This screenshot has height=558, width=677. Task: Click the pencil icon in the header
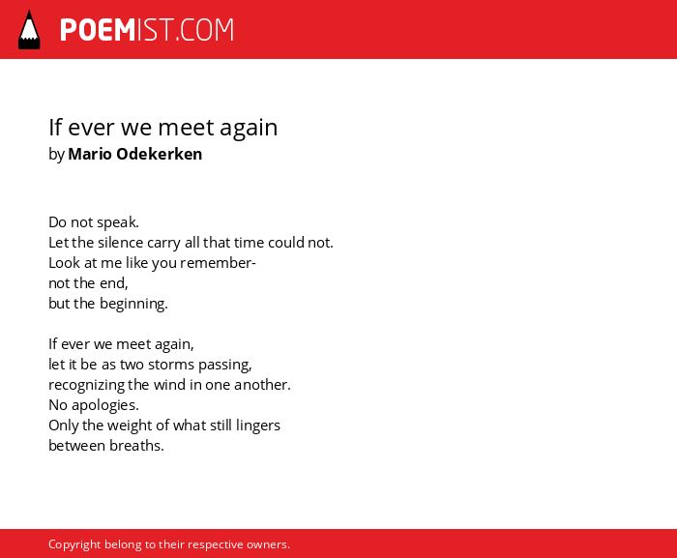point(29,30)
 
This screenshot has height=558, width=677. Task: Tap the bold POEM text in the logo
point(98,30)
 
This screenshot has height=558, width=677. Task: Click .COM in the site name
point(205,30)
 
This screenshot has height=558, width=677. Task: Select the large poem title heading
point(162,128)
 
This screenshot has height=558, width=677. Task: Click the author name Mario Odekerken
point(134,154)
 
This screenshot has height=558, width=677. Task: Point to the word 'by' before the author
point(56,155)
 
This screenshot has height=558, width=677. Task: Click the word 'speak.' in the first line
point(118,222)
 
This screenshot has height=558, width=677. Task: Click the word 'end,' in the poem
point(114,283)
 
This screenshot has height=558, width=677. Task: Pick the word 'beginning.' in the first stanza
point(133,304)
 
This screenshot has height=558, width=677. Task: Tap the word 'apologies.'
point(104,405)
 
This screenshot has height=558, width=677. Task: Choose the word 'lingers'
point(258,426)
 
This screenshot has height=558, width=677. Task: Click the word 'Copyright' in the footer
point(74,544)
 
